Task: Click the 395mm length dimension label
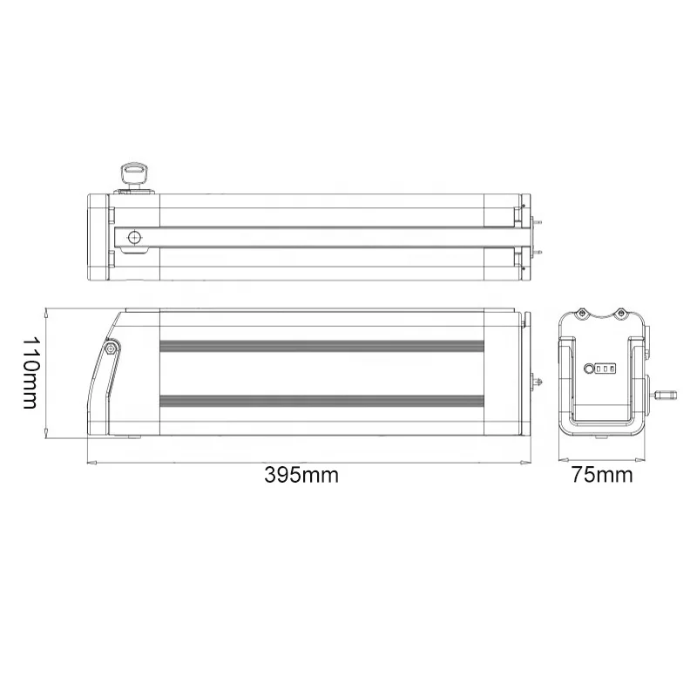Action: (x=301, y=475)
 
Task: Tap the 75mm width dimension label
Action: (x=602, y=475)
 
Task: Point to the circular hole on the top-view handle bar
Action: (x=134, y=237)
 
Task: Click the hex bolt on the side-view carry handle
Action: (x=112, y=348)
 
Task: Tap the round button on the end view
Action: (x=588, y=369)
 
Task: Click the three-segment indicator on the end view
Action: (x=606, y=369)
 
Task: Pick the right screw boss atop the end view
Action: (x=622, y=312)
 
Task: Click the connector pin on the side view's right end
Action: (x=538, y=382)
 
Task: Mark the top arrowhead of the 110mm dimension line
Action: (x=44, y=310)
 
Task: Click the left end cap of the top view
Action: (x=98, y=236)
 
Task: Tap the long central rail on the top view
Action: (x=331, y=237)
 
